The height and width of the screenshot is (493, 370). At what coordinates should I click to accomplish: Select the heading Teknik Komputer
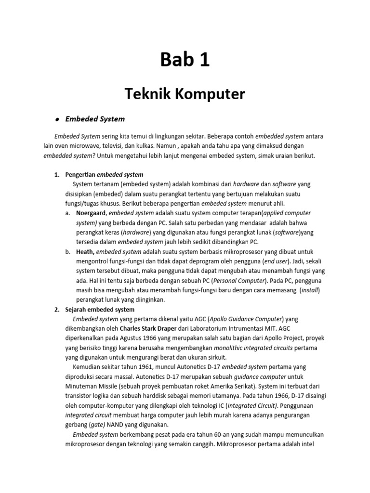tap(185, 94)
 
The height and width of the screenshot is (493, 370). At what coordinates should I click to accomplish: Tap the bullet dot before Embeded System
tap(57, 119)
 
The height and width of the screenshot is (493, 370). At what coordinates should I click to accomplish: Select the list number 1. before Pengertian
tap(56, 174)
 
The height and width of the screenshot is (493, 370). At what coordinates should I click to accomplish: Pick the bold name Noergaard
tap(91, 213)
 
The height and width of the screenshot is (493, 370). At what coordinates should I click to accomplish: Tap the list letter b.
tap(67, 251)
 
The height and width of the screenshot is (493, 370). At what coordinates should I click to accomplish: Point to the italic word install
tap(310, 290)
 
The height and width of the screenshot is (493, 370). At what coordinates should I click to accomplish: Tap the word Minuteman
tap(81, 386)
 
